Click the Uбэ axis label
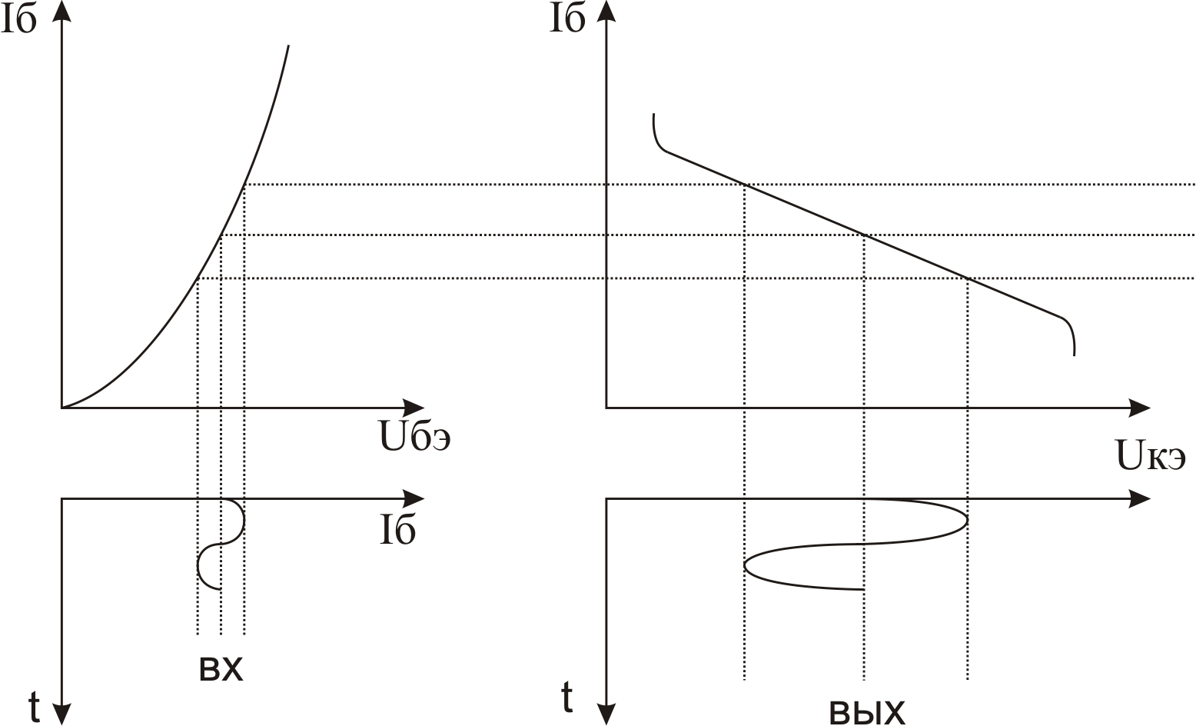click(414, 438)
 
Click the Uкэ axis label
click(1151, 457)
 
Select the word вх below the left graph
click(221, 671)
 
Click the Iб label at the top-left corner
click(18, 21)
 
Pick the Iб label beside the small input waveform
click(397, 531)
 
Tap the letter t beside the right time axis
click(566, 698)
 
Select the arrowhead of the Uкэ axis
click(1141, 408)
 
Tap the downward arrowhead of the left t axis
click(62, 715)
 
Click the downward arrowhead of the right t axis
click(606, 715)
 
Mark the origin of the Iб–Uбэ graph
click(62, 407)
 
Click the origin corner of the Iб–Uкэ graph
click(606, 407)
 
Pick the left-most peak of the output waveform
click(745, 566)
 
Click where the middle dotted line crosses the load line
click(864, 235)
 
